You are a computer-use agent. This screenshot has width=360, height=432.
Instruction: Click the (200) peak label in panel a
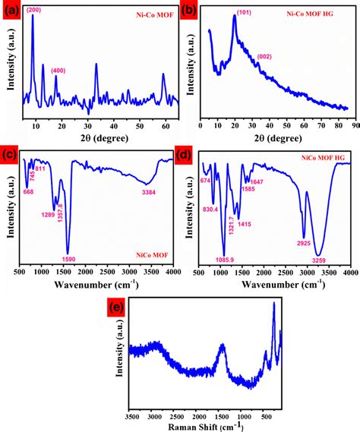click(34, 10)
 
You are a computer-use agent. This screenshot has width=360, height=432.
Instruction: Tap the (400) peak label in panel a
click(58, 71)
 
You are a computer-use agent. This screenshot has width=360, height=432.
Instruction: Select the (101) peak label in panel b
click(245, 13)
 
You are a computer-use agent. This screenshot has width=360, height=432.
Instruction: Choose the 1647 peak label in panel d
click(256, 182)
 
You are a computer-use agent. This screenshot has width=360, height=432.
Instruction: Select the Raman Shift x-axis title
click(205, 427)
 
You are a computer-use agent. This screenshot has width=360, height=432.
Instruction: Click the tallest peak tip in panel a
click(33, 16)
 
